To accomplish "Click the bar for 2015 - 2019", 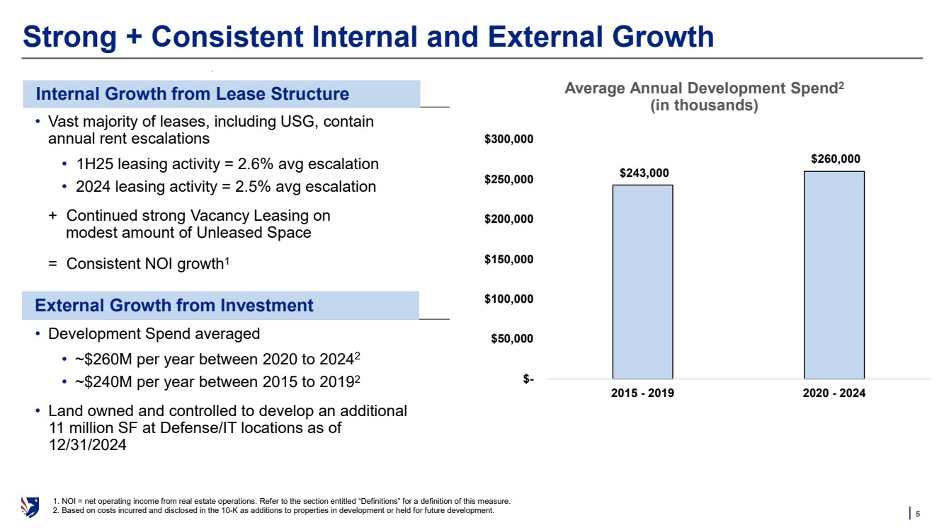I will pos(642,282).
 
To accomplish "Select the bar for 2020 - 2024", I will pos(834,275).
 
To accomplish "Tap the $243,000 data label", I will pos(644,173).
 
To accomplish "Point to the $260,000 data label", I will pos(836,159).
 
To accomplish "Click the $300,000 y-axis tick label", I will pos(509,139).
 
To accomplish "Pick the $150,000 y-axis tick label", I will pos(509,259).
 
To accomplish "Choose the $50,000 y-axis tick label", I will pos(513,339).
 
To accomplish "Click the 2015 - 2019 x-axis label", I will pos(642,394).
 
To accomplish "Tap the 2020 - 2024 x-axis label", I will pos(834,394).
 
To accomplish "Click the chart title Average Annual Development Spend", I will pos(704,89).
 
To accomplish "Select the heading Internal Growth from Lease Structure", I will pos(193,94).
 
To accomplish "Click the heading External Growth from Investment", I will pos(174,306).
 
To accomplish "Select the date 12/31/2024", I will pos(87,445).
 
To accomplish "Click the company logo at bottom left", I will pos(30,507).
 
